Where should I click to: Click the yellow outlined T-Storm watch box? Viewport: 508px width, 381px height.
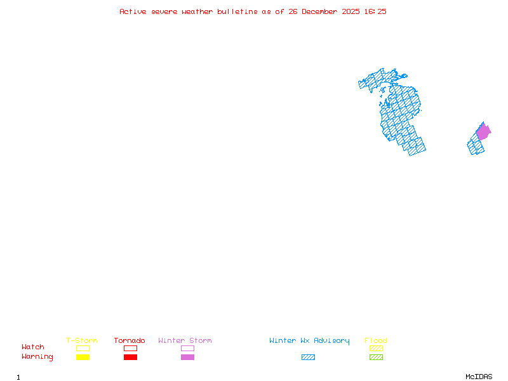pyautogui.click(x=83, y=348)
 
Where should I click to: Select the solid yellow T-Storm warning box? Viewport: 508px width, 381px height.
pyautogui.click(x=83, y=358)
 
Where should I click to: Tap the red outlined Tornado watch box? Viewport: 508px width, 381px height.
pyautogui.click(x=130, y=348)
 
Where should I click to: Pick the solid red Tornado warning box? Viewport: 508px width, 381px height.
pyautogui.click(x=130, y=358)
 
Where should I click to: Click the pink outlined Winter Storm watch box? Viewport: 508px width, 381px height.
pyautogui.click(x=187, y=348)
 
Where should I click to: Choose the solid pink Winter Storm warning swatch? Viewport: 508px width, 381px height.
pyautogui.click(x=187, y=358)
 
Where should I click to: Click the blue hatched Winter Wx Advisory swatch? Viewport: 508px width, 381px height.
pyautogui.click(x=308, y=358)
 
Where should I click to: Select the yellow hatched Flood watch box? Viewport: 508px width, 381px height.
pyautogui.click(x=376, y=348)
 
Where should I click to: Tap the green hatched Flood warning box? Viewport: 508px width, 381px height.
pyautogui.click(x=376, y=358)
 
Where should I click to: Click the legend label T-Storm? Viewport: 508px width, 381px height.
pyautogui.click(x=82, y=341)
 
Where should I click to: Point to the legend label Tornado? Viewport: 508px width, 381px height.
pyautogui.click(x=130, y=341)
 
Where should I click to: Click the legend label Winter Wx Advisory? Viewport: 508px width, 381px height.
pyautogui.click(x=309, y=341)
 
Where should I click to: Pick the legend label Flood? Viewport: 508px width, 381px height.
pyautogui.click(x=376, y=341)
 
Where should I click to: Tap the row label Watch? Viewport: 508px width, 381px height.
pyautogui.click(x=33, y=347)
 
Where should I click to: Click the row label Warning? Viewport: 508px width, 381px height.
pyautogui.click(x=37, y=357)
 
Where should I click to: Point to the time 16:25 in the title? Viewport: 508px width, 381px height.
pyautogui.click(x=376, y=11)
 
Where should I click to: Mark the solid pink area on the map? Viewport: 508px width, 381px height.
pyautogui.click(x=483, y=132)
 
